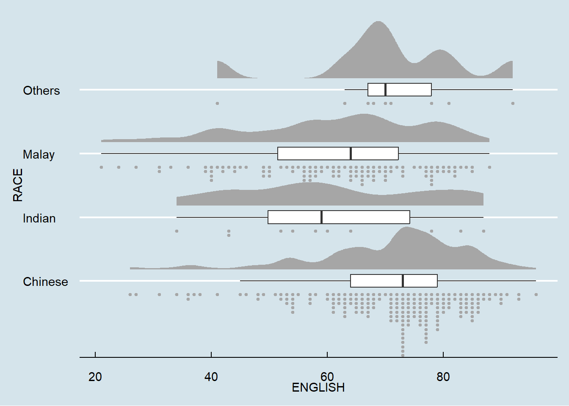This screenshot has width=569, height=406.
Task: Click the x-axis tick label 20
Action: click(95, 377)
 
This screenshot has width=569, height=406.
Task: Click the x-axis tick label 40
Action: click(211, 377)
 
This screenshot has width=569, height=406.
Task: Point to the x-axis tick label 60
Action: click(327, 377)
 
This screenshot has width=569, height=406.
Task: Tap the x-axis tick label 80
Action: click(443, 377)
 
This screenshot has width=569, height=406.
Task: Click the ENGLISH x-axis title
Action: click(318, 387)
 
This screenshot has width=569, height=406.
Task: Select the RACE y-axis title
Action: click(18, 185)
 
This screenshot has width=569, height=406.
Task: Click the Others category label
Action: click(41, 91)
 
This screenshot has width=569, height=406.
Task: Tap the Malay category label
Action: click(39, 154)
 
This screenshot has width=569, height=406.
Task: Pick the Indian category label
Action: click(39, 218)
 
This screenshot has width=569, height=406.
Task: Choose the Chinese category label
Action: click(45, 282)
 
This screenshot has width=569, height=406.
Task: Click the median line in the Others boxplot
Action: click(385, 90)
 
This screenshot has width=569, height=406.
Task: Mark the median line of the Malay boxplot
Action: click(351, 154)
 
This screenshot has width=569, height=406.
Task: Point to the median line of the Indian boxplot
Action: click(322, 217)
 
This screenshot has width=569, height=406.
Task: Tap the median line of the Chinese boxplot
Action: click(403, 281)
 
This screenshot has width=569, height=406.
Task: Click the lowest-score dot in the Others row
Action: click(217, 103)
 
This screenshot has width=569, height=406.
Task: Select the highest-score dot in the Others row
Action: click(513, 103)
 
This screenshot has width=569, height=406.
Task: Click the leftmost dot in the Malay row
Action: click(101, 167)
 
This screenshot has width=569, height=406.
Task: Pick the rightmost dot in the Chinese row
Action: click(536, 294)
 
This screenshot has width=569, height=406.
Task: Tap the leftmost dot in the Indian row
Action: click(177, 231)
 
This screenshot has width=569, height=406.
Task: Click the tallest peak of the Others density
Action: click(378, 22)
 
